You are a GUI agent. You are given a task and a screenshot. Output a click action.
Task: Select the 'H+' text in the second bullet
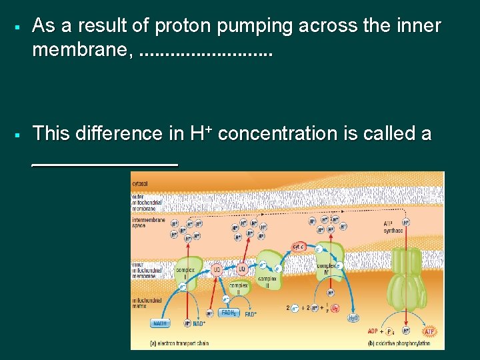pos(201,133)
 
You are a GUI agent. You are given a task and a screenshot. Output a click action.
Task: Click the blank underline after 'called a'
pos(105,163)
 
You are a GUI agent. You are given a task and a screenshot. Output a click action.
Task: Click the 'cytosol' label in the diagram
pos(139,183)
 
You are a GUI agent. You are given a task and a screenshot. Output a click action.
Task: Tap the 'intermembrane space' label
pos(147,223)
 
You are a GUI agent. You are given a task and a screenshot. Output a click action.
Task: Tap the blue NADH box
pos(160,323)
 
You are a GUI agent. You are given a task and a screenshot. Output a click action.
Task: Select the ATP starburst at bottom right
pos(429,331)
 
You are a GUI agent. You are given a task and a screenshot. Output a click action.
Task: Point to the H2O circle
pos(353,318)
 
